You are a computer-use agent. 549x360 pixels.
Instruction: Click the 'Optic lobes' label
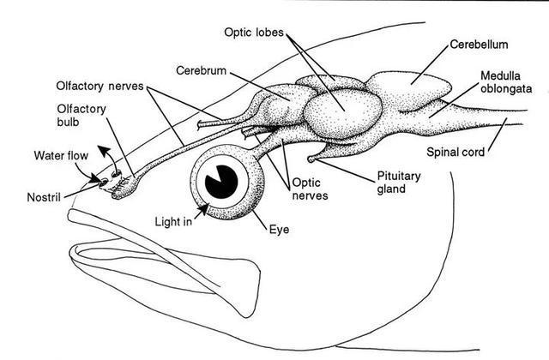click(x=254, y=33)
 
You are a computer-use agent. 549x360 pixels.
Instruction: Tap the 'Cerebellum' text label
click(x=479, y=45)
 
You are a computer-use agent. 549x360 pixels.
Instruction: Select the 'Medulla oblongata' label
click(x=506, y=82)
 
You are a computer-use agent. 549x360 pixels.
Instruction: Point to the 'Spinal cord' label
click(x=455, y=152)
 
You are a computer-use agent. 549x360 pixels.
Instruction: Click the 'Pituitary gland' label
click(x=398, y=182)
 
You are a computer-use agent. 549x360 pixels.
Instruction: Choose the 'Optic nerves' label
click(x=310, y=189)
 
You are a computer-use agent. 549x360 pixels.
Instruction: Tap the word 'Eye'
click(x=279, y=230)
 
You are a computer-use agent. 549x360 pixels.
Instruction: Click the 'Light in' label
click(x=173, y=221)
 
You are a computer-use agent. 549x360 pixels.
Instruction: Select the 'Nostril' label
click(x=44, y=197)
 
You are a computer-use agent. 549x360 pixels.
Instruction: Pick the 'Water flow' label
click(x=61, y=155)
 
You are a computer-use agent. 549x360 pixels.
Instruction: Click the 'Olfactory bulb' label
click(x=81, y=116)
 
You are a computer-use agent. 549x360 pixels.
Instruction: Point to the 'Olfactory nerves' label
click(x=100, y=86)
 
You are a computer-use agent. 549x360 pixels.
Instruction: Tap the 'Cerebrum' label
click(x=201, y=70)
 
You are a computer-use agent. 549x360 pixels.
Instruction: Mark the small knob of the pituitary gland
click(x=311, y=159)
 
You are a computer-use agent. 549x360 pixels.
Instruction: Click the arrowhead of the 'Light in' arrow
click(x=204, y=209)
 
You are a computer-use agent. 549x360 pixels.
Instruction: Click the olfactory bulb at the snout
click(x=125, y=186)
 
